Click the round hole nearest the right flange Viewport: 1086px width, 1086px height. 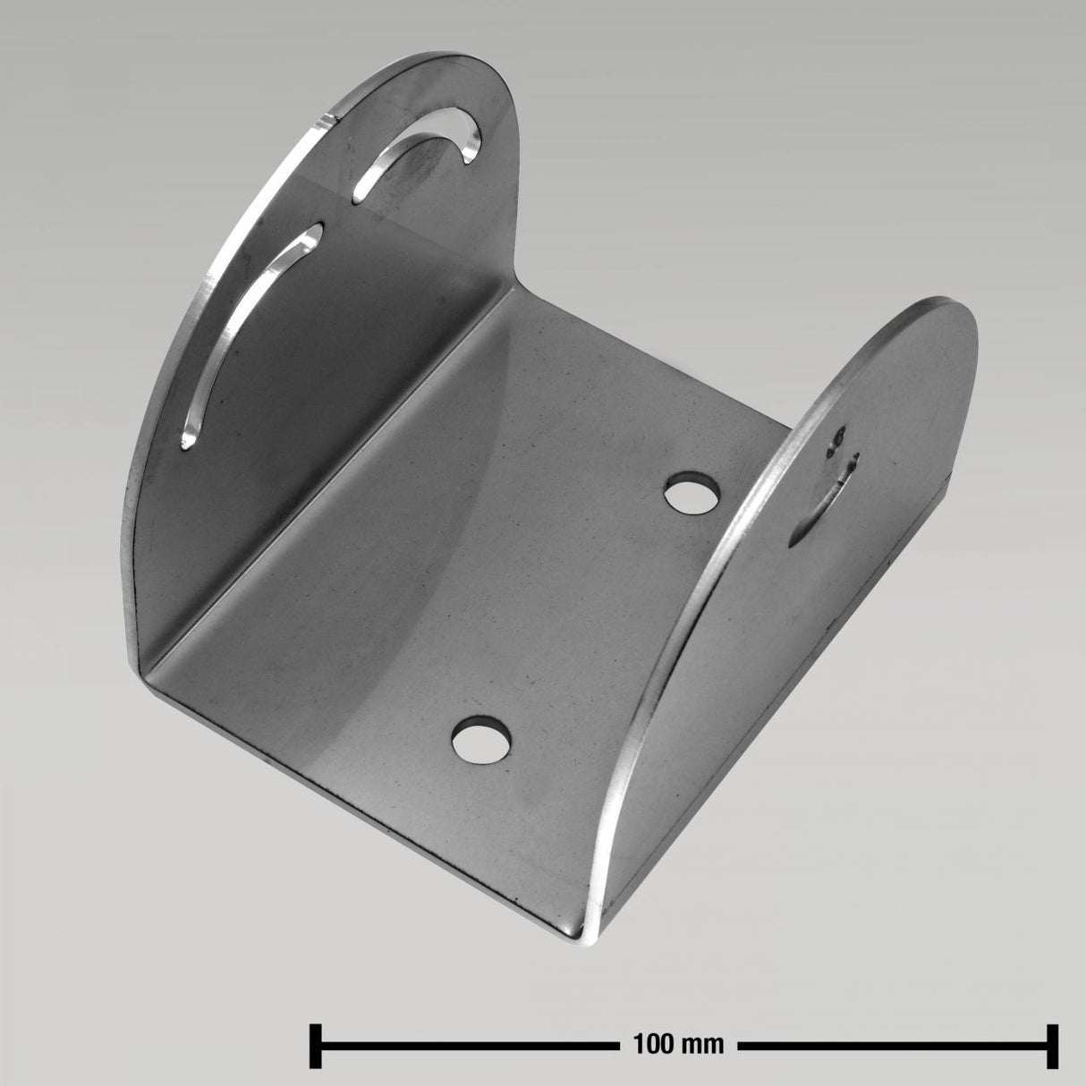click(692, 493)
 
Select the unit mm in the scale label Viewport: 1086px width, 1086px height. click(708, 1043)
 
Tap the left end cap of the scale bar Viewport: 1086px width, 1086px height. click(315, 1042)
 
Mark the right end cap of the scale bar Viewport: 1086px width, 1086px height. click(1053, 1042)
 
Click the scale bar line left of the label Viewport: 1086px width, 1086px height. click(465, 1043)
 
